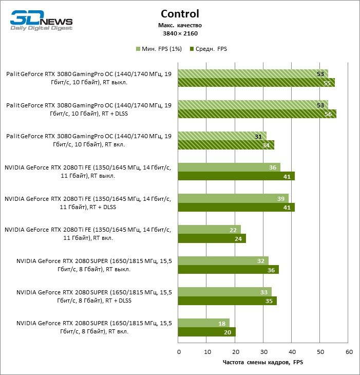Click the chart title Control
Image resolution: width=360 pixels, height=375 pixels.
pyautogui.click(x=180, y=14)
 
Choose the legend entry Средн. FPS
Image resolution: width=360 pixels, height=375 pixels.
pyautogui.click(x=208, y=49)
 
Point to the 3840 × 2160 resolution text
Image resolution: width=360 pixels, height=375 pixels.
pyautogui.click(x=180, y=33)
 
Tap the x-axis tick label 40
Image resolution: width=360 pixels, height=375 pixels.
pyautogui.click(x=292, y=352)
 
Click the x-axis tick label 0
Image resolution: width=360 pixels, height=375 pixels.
pyautogui.click(x=178, y=352)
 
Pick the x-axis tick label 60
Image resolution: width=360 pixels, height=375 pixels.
pyautogui.click(x=349, y=352)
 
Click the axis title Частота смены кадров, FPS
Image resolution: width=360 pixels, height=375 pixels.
pyautogui.click(x=263, y=363)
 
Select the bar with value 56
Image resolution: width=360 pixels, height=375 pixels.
pyautogui.click(x=257, y=114)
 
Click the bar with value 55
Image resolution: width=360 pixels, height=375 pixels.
pyautogui.click(x=256, y=82)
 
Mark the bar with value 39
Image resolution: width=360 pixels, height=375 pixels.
pyautogui.click(x=233, y=198)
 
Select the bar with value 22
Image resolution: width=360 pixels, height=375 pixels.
pyautogui.click(x=209, y=229)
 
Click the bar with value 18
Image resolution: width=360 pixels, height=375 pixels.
pyautogui.click(x=203, y=323)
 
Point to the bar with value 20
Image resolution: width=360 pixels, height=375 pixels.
pyautogui.click(x=206, y=332)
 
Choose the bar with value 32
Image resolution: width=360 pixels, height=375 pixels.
pyautogui.click(x=223, y=260)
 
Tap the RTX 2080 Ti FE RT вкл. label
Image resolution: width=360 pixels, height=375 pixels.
pyautogui.click(x=87, y=234)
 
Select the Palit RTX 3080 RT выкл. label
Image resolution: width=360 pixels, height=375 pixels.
pyautogui.click(x=88, y=78)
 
